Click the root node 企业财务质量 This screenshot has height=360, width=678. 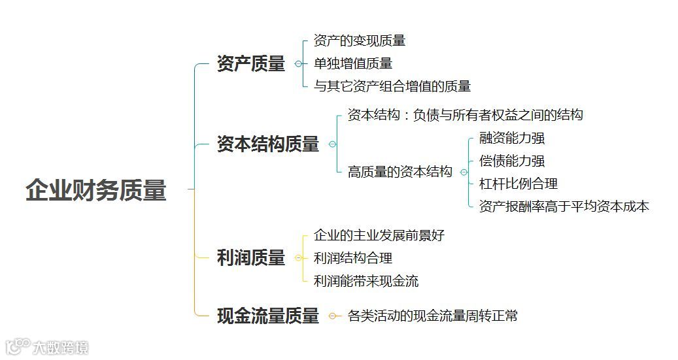(96, 190)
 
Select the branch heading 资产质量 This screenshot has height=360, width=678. (251, 64)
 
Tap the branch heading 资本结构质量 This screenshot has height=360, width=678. (268, 144)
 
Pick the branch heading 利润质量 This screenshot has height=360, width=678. (251, 258)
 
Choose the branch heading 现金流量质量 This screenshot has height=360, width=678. (268, 316)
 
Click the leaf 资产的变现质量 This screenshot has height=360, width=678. (360, 41)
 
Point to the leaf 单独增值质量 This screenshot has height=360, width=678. (353, 63)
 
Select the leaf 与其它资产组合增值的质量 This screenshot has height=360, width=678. (392, 86)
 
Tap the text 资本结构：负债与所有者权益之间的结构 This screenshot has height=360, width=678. (466, 116)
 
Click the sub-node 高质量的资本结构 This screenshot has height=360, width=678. (400, 172)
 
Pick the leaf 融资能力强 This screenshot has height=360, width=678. (512, 139)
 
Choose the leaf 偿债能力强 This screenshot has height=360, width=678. (512, 161)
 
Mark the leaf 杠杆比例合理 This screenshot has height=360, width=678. (518, 184)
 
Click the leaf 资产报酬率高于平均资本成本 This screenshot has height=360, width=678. (564, 206)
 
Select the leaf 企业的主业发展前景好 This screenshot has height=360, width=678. (379, 235)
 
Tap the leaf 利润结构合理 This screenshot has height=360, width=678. (353, 258)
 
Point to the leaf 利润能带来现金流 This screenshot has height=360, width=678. (366, 281)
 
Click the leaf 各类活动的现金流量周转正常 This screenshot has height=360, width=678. (433, 316)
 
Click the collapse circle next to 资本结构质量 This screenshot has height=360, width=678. (332, 144)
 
